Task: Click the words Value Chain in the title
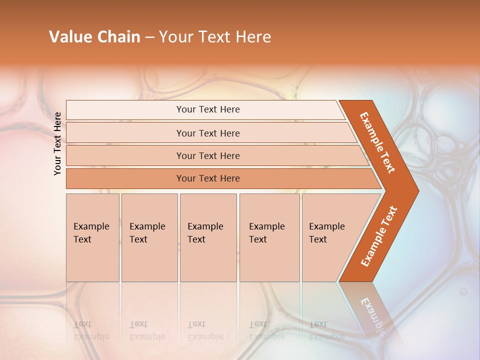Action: click(94, 37)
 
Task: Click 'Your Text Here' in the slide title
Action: click(215, 37)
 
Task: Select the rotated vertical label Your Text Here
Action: click(57, 143)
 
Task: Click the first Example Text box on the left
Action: click(92, 237)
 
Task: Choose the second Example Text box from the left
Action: click(149, 237)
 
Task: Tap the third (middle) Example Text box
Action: click(207, 237)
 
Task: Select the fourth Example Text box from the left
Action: click(269, 237)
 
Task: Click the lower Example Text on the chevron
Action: click(378, 236)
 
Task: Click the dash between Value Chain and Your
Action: click(149, 37)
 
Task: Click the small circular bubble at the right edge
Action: click(463, 290)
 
